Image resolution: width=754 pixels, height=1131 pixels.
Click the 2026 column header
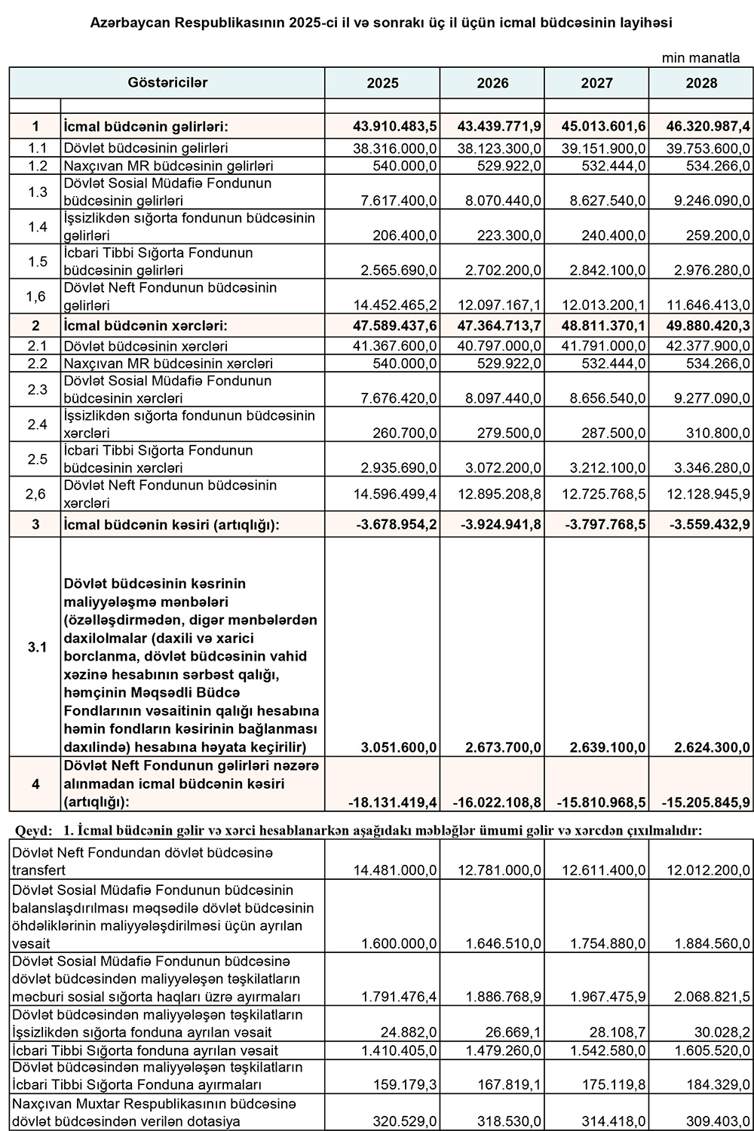[492, 84]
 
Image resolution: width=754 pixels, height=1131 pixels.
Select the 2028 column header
[701, 84]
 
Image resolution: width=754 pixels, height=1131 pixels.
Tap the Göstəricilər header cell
[167, 83]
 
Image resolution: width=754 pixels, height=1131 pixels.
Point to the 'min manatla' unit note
[700, 58]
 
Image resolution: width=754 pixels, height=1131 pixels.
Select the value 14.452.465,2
[395, 305]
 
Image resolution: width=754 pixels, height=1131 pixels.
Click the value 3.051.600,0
[399, 747]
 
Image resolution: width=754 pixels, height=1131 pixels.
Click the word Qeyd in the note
[33, 831]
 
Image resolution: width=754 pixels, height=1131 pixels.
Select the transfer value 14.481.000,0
[395, 870]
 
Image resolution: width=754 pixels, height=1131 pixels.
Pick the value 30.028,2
[719, 1032]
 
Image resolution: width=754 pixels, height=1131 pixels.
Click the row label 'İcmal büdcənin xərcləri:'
[146, 326]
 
